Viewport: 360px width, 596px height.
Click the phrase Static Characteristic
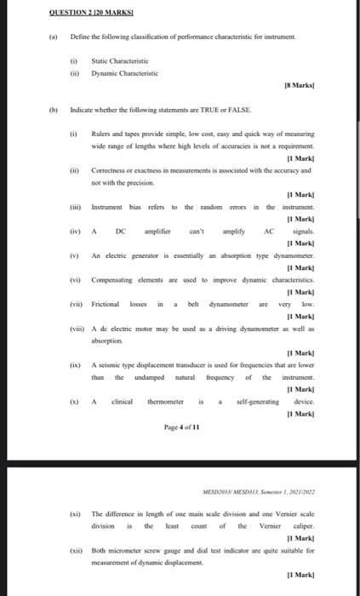[119, 62]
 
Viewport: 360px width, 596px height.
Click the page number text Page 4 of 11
[180, 427]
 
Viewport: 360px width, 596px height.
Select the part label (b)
[50, 111]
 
